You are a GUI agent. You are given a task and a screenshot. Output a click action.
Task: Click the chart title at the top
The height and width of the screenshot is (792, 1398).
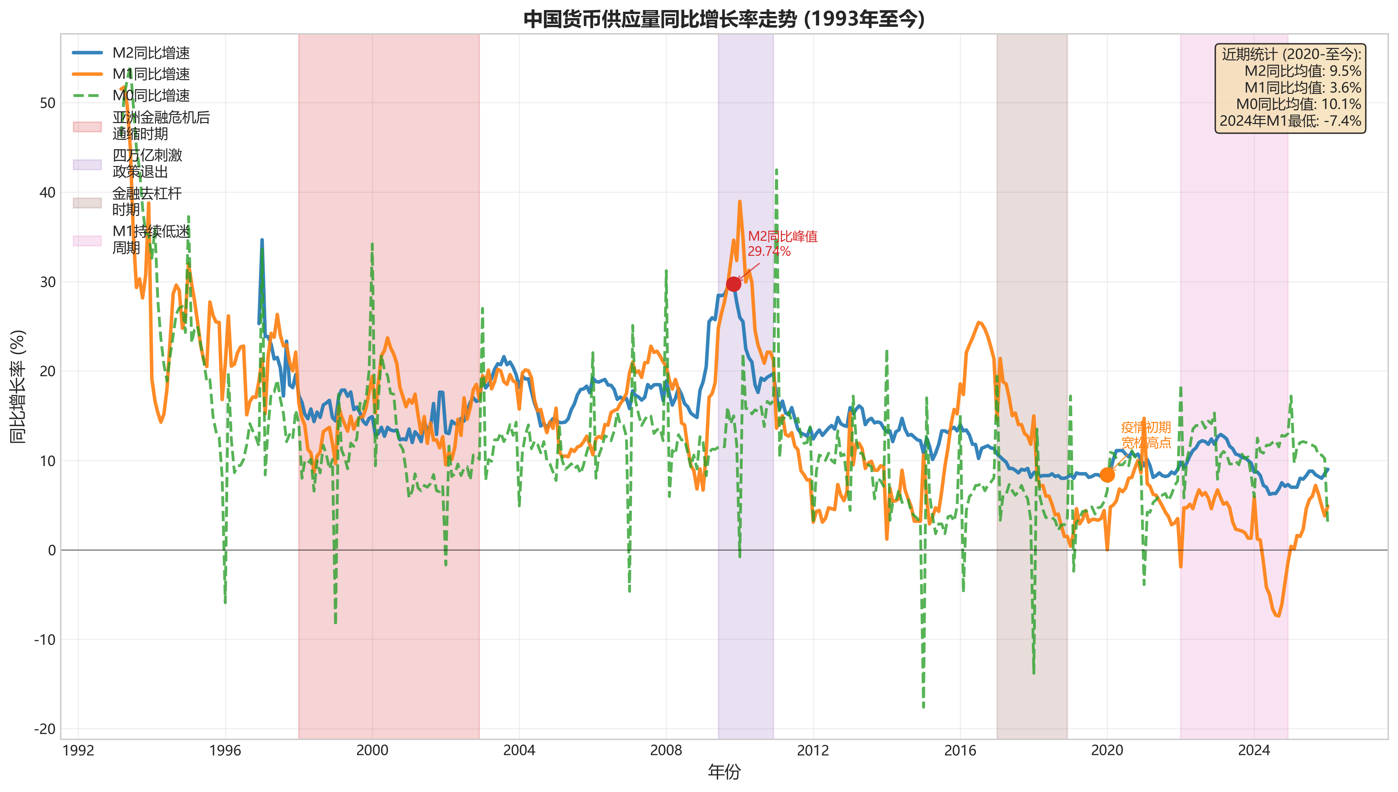coord(723,19)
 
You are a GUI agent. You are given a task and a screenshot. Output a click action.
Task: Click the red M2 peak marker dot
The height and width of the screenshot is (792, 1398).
coord(733,284)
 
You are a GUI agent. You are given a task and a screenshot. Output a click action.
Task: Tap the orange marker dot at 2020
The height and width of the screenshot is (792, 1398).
coord(1107,475)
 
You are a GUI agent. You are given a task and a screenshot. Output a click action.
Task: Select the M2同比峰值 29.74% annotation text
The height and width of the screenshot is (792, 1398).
coord(782,244)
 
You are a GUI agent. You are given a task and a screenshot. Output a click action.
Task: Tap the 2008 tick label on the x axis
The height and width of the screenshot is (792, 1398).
coord(666,751)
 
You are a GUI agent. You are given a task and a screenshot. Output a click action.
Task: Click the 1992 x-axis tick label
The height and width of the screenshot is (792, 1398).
coord(78,751)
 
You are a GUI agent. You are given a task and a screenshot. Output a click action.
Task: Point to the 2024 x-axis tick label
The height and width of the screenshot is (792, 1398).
coord(1254,751)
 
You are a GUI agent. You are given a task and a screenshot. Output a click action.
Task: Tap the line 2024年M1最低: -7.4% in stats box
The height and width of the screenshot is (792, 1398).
coord(1290,121)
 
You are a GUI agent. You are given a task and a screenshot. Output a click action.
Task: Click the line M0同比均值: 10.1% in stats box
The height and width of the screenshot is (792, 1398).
coord(1298,104)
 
